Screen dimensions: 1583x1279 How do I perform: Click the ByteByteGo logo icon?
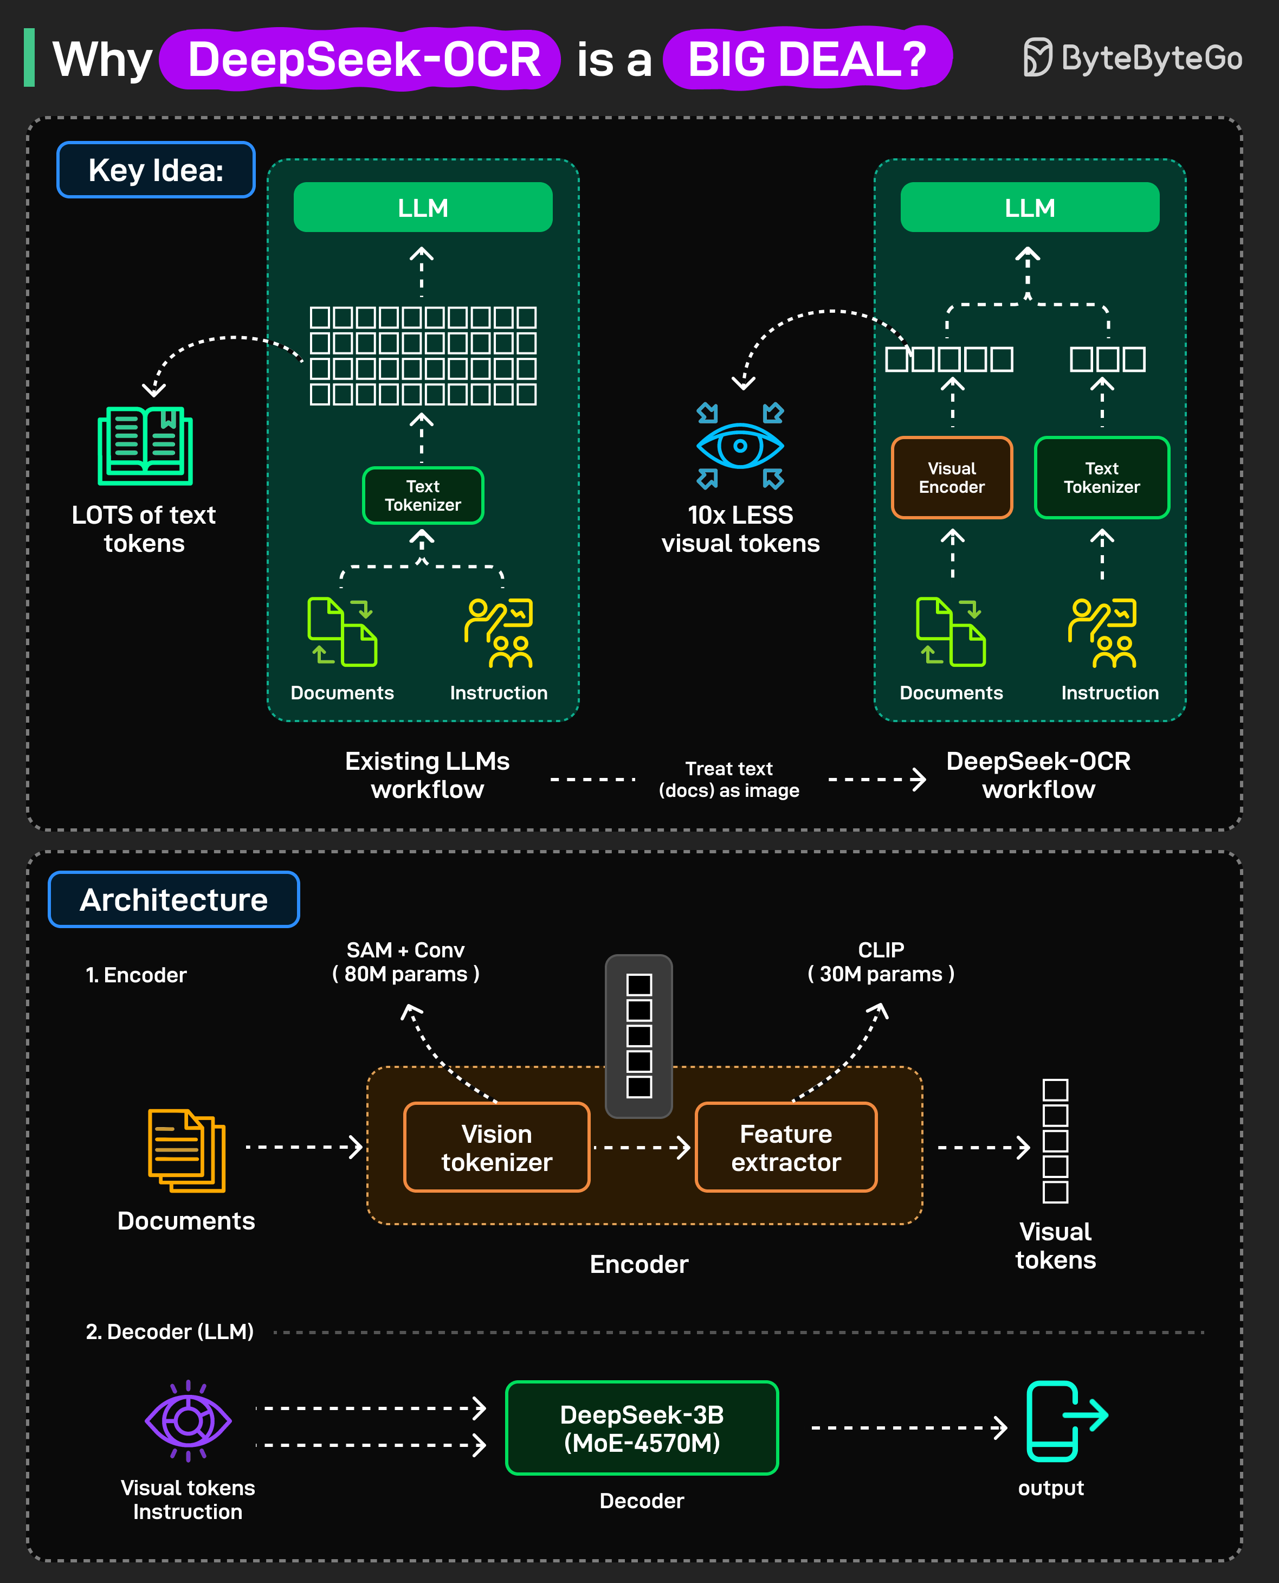(1037, 57)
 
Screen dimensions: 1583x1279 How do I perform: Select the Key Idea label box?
(156, 170)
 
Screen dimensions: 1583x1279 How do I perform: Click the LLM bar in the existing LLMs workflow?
(423, 208)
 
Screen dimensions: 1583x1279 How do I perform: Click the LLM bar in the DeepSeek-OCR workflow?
(1029, 208)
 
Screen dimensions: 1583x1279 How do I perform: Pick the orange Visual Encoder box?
(951, 478)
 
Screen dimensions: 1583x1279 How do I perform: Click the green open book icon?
(145, 445)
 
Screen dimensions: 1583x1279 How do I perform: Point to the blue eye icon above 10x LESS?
(740, 446)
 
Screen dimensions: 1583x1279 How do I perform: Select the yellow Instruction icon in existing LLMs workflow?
(499, 632)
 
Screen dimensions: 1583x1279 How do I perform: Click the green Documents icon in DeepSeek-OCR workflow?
(951, 632)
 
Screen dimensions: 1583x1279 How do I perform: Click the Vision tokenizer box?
(496, 1148)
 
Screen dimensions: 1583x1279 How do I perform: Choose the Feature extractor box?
(786, 1148)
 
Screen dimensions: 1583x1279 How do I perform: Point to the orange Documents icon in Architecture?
(186, 1150)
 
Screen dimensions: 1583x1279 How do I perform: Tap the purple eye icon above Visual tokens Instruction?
(188, 1420)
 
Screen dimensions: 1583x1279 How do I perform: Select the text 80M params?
(406, 974)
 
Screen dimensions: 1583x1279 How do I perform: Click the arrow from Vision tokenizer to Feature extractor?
(642, 1148)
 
